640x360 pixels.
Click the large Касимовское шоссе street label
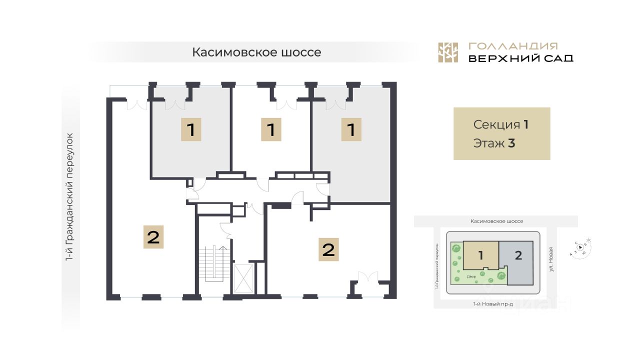coord(256,52)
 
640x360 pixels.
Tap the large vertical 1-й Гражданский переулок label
coord(70,196)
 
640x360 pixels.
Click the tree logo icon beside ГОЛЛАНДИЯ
coord(448,52)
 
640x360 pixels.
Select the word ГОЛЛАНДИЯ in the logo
coord(513,46)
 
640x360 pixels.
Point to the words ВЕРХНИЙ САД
coord(520,58)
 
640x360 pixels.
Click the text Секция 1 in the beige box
coord(500,125)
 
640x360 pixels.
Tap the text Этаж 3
coord(494,143)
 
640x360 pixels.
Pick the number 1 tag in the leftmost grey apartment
coord(191,130)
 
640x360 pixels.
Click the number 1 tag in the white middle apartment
coord(271,130)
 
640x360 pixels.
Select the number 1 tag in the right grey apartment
coord(351,130)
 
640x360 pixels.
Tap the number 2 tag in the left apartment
coord(153,236)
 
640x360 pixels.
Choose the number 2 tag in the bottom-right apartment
coord(328,249)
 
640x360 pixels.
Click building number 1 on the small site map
coord(481,255)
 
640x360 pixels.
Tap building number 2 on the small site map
coord(518,255)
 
